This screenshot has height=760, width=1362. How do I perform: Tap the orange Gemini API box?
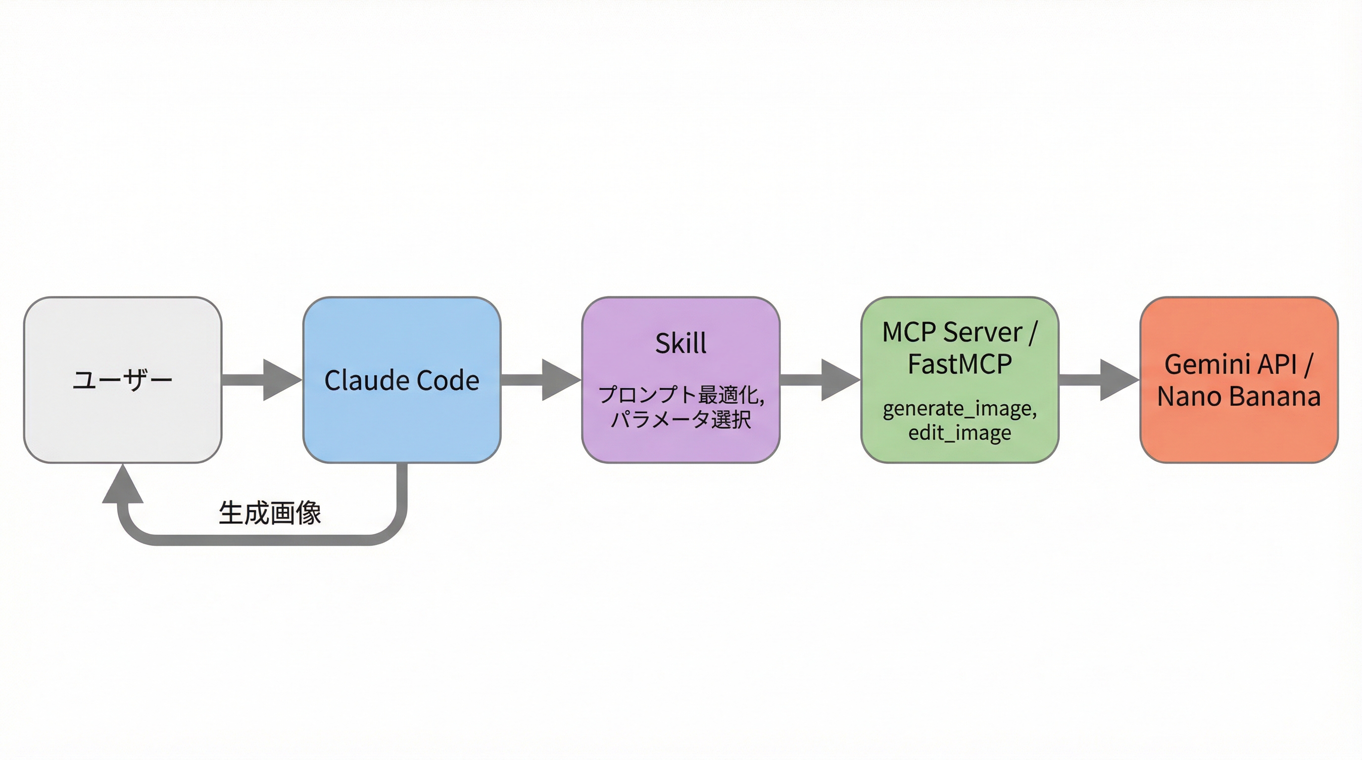click(x=1239, y=433)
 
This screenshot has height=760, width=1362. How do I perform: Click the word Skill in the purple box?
click(x=681, y=343)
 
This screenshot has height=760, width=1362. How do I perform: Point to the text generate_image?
click(x=960, y=409)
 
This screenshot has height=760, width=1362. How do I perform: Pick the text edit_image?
click(x=960, y=433)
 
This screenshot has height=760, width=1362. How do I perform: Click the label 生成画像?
click(x=270, y=513)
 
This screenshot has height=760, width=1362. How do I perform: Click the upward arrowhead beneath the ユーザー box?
click(x=123, y=486)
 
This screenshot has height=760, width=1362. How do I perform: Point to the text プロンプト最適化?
click(x=681, y=395)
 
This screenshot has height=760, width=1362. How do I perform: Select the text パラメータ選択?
click(x=681, y=420)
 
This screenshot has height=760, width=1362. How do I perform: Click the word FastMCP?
click(x=960, y=364)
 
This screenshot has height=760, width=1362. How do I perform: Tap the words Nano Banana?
click(x=1239, y=396)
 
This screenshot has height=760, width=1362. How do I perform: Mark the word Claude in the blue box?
click(x=367, y=380)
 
